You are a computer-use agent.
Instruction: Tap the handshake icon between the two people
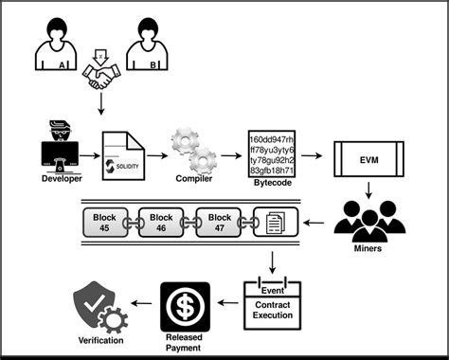101,80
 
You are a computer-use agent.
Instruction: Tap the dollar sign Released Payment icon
186,305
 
